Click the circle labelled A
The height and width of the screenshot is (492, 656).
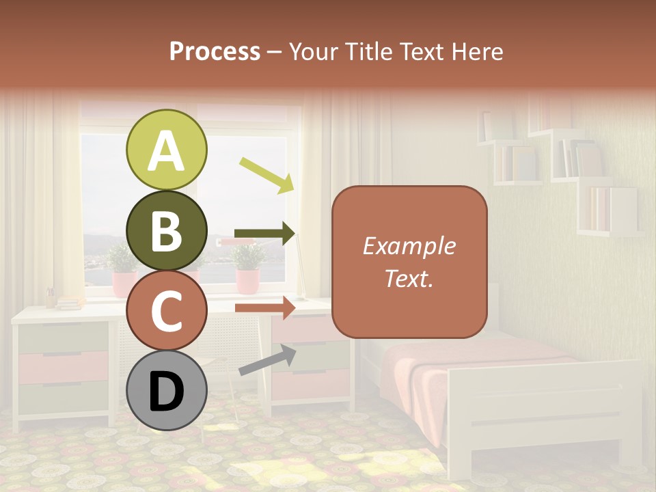coord(166,150)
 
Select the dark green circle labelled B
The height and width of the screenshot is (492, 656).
coord(166,230)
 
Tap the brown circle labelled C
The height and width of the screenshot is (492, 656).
coord(166,310)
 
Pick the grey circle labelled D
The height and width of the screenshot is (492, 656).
coord(166,391)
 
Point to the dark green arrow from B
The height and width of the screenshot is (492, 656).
coord(265,234)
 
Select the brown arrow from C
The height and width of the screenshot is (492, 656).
coord(265,307)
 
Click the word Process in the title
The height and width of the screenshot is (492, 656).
coord(215,52)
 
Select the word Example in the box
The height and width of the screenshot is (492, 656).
coord(409,246)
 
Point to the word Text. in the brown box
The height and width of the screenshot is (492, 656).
coord(409,278)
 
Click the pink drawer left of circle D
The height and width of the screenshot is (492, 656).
coord(63,367)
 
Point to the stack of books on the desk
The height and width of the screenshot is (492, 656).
coord(68,301)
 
